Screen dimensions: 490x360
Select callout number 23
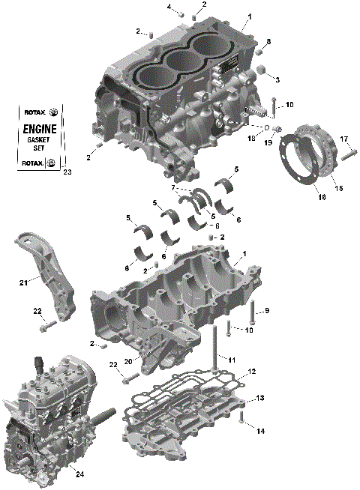pos(67,173)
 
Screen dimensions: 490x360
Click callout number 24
pos(79,474)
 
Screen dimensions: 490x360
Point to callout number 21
pos(23,282)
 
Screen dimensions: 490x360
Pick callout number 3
pos(277,79)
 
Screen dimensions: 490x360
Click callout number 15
pos(338,188)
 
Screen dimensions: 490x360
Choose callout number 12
pos(252,371)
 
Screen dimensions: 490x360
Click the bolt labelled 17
pos(346,156)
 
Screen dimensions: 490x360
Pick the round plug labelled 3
pos(264,71)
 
